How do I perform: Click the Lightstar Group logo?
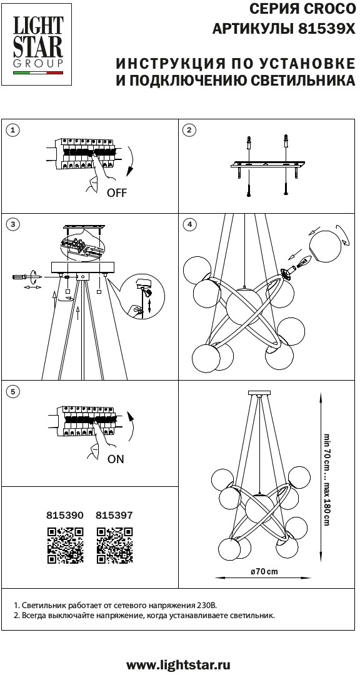click(x=37, y=45)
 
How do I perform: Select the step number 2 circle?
click(x=189, y=131)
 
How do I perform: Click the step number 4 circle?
click(x=189, y=224)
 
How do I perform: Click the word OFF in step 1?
click(x=117, y=193)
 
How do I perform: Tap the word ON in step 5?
click(x=116, y=459)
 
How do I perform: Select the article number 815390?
click(x=64, y=514)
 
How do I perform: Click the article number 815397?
click(x=114, y=514)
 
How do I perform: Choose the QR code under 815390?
click(x=65, y=546)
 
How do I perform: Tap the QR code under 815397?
click(x=114, y=546)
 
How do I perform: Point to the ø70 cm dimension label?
click(x=264, y=572)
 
